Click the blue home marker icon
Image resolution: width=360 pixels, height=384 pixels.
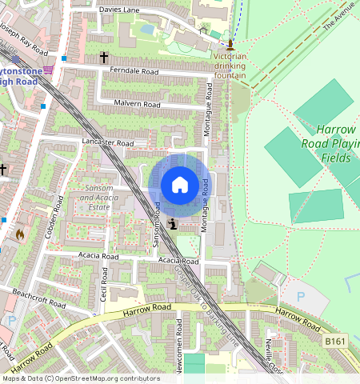[180, 185]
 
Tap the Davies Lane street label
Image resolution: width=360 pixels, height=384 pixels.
[119, 10]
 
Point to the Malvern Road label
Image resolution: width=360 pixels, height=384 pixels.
[138, 105]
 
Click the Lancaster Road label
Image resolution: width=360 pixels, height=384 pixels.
[107, 142]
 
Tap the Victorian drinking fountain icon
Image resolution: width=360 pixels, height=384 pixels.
[230, 43]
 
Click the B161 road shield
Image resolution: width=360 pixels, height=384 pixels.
[336, 342]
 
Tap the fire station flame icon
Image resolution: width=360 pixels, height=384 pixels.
[20, 234]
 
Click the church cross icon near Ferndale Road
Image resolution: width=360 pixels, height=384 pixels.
[104, 58]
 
